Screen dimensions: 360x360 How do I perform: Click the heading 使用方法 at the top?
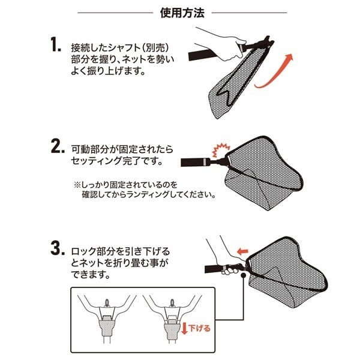182,13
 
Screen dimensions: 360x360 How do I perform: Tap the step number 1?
56,45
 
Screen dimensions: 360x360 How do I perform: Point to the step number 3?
58,248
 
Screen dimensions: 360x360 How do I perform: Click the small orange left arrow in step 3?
242,251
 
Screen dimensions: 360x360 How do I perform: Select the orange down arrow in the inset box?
184,328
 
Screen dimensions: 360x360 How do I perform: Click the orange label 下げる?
200,328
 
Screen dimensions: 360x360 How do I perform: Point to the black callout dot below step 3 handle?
243,275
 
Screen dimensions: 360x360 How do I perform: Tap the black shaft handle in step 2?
195,163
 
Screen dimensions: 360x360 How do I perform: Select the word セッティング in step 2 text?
97,161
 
